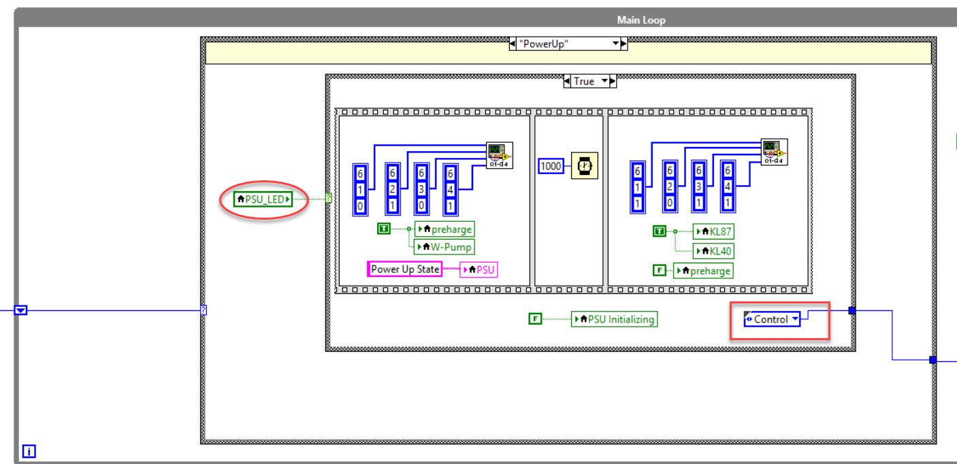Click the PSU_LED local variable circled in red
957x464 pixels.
pyautogui.click(x=263, y=199)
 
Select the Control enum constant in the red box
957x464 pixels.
pyautogui.click(x=772, y=319)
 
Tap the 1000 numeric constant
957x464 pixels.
pyautogui.click(x=551, y=166)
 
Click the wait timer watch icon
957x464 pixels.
pyautogui.click(x=585, y=165)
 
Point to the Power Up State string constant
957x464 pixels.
pyautogui.click(x=404, y=269)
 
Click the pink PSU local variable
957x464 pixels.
pyautogui.click(x=479, y=270)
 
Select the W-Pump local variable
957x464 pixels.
pyautogui.click(x=444, y=247)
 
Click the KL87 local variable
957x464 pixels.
pyautogui.click(x=713, y=232)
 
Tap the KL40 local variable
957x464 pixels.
pyautogui.click(x=713, y=251)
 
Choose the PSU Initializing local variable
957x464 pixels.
pyautogui.click(x=615, y=319)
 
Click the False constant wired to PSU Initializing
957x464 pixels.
pyautogui.click(x=535, y=319)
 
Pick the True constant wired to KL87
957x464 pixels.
pyautogui.click(x=660, y=231)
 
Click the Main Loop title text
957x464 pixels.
pyautogui.click(x=641, y=20)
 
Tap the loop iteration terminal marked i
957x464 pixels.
pyautogui.click(x=29, y=451)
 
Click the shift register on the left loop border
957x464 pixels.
pyautogui.click(x=20, y=310)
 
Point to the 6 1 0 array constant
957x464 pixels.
pyautogui.click(x=360, y=190)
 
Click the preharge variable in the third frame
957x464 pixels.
pyautogui.click(x=703, y=271)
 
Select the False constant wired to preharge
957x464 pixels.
pyautogui.click(x=660, y=270)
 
